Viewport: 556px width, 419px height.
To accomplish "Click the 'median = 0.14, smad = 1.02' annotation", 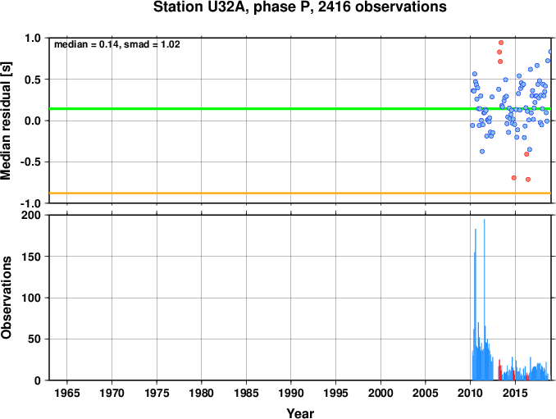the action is coord(117,44).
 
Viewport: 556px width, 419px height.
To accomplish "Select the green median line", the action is coord(300,108).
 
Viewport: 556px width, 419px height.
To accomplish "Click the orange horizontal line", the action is coord(300,194).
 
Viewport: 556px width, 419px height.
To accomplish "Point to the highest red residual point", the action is coord(501,43).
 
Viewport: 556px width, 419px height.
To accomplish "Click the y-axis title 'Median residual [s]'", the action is coord(6,121).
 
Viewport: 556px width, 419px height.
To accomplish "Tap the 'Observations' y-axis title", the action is coord(6,298).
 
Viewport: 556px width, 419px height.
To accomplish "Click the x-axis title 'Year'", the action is coord(300,413).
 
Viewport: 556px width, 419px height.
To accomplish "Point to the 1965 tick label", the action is coord(67,393).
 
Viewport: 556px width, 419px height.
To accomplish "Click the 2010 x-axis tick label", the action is coord(470,393).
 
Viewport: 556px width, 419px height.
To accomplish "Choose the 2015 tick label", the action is coord(515,393).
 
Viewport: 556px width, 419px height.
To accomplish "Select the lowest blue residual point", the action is coord(482,152).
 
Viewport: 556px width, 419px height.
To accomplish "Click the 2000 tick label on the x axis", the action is coord(381,393).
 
